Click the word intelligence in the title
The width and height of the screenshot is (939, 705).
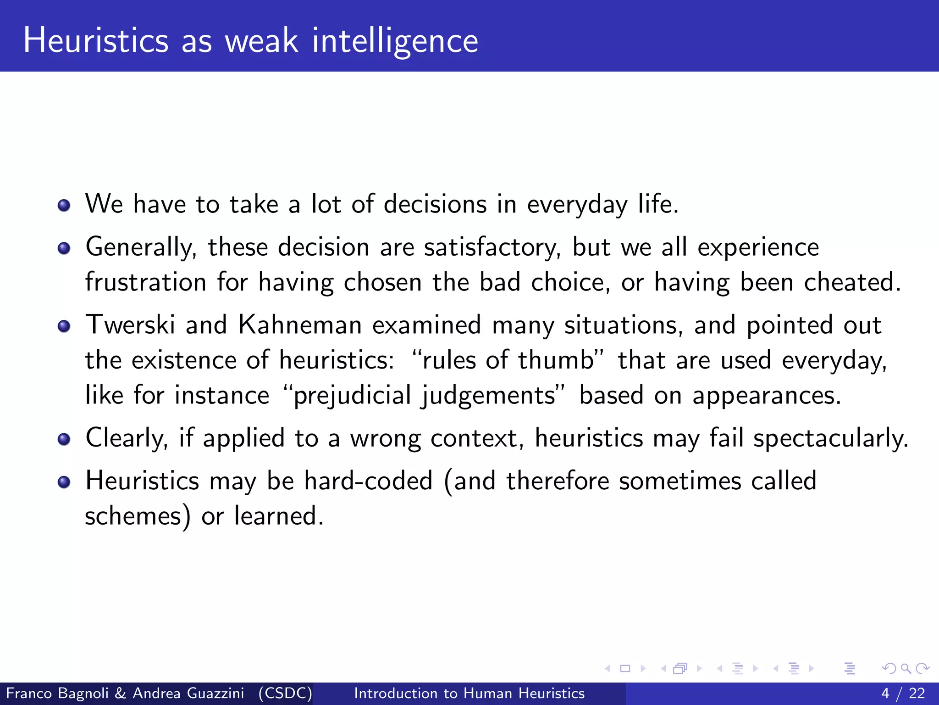tap(395, 41)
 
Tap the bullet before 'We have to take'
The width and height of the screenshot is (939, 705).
tap(64, 205)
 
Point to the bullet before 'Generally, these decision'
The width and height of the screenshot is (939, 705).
tap(64, 248)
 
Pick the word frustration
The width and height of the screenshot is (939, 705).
tap(146, 282)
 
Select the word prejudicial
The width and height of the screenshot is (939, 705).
tap(352, 395)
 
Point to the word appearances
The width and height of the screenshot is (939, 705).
tap(766, 395)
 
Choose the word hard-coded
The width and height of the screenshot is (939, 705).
tap(369, 481)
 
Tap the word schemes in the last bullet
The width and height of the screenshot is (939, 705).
tap(133, 516)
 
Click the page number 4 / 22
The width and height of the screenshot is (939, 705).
tap(903, 693)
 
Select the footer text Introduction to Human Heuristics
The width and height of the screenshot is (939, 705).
tap(469, 693)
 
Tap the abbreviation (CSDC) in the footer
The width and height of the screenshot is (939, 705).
tap(285, 693)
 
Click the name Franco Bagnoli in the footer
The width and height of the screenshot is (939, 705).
tap(57, 693)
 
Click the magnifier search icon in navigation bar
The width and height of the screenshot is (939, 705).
tap(906, 668)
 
